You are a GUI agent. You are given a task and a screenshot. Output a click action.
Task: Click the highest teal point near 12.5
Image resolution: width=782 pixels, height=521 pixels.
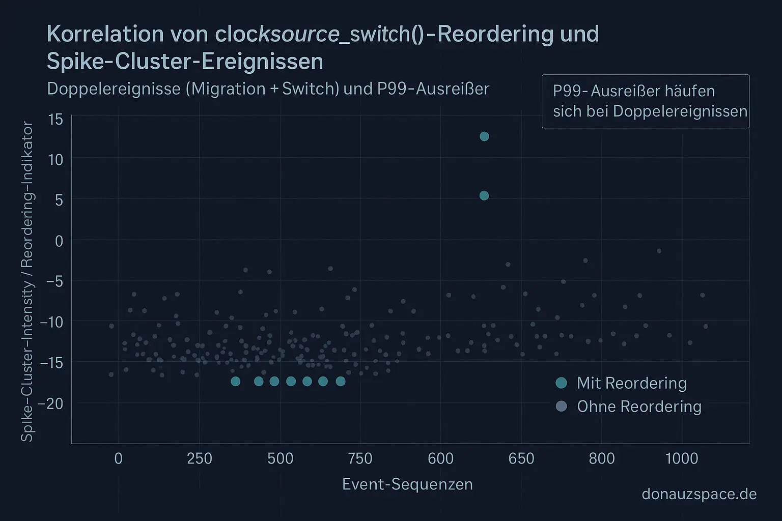[484, 136]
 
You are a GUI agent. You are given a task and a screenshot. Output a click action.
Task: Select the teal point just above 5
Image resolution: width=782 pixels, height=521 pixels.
[484, 196]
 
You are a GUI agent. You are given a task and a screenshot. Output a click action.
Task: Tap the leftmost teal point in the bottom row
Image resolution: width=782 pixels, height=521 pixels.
[235, 382]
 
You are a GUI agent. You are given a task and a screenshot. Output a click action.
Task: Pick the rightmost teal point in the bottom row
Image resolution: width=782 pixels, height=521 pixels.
[341, 382]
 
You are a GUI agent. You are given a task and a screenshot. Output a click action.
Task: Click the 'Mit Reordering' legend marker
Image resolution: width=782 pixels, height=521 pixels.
[561, 383]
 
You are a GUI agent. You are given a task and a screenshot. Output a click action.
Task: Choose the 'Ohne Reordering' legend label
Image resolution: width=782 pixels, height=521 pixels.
[639, 407]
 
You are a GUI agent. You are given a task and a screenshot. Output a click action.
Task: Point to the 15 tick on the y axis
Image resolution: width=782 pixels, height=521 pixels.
[55, 120]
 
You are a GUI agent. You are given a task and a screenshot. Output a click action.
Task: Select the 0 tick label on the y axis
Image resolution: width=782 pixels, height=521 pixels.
[59, 241]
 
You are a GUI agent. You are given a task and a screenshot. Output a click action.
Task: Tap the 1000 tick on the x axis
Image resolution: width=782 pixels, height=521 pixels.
[682, 458]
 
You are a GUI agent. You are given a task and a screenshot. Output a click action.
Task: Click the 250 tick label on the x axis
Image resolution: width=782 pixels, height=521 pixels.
[200, 458]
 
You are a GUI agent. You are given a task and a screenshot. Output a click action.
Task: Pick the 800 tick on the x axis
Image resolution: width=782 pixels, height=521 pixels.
[602, 458]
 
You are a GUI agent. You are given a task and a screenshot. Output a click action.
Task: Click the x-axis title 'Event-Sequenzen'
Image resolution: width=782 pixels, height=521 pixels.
[407, 484]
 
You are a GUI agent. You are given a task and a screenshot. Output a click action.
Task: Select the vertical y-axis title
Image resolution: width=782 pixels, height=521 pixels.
[27, 281]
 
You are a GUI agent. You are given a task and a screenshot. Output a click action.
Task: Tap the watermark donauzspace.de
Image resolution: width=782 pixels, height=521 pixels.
[699, 494]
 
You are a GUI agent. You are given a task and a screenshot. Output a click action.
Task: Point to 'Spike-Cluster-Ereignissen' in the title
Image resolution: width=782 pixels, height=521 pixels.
[185, 62]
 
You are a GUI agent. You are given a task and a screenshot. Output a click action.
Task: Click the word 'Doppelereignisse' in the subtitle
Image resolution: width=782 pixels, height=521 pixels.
[114, 89]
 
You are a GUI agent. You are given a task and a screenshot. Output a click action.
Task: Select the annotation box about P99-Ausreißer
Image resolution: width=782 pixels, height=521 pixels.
[645, 101]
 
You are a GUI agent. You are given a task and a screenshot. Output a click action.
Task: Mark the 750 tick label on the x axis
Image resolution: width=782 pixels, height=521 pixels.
[360, 458]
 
